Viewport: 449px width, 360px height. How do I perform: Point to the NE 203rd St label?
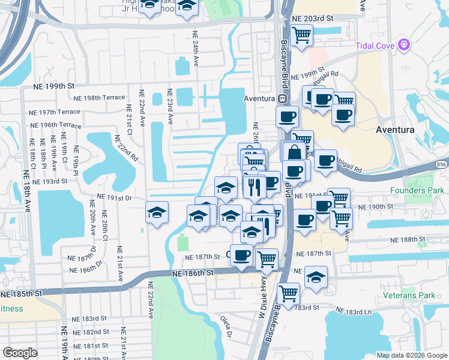[312, 19]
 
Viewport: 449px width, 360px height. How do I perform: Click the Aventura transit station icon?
[281, 98]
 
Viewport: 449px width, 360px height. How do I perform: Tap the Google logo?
[20, 353]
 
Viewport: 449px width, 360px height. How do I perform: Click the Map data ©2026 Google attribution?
[412, 355]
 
